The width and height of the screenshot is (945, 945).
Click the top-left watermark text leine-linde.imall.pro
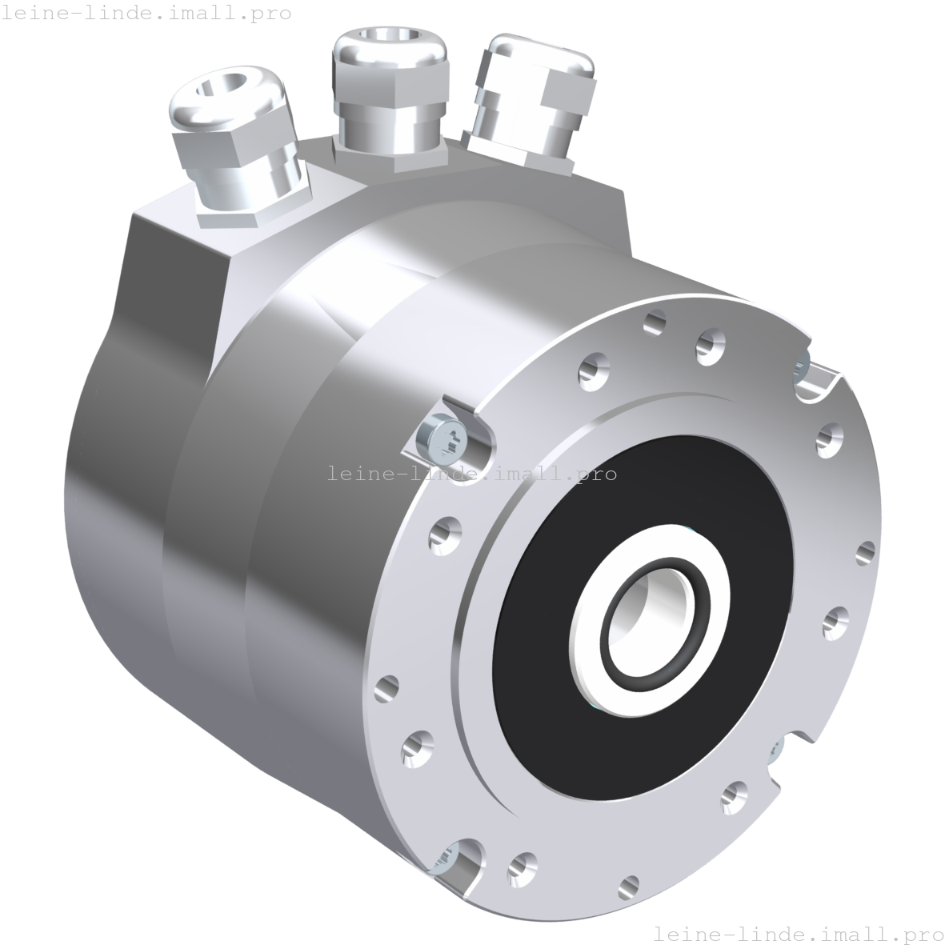click(146, 14)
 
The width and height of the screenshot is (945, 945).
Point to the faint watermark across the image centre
click(472, 475)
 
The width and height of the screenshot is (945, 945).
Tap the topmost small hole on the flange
click(655, 322)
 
